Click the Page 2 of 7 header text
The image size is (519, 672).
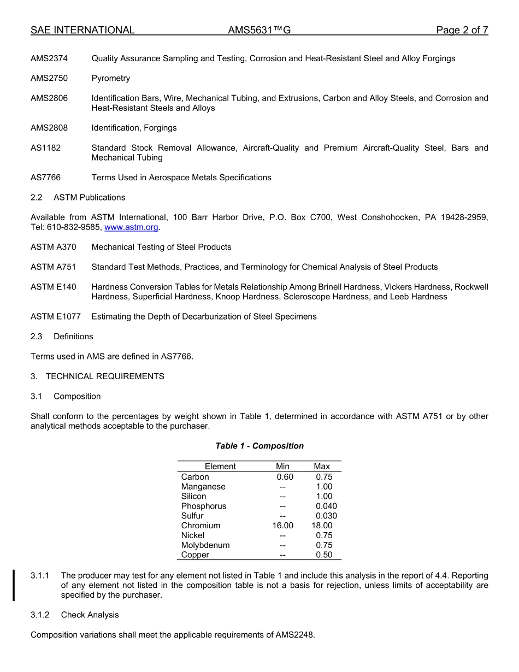(x=462, y=31)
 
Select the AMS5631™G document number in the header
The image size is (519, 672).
(x=259, y=31)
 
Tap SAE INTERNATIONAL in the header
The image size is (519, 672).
(x=82, y=31)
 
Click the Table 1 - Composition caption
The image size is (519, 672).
(x=259, y=446)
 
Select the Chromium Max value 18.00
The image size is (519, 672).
(x=322, y=526)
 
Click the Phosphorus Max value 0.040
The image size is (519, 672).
(x=326, y=506)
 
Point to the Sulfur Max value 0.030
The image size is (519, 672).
(x=326, y=516)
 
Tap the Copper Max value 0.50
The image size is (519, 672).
(x=324, y=555)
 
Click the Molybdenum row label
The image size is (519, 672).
(x=205, y=545)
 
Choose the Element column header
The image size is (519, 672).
(x=220, y=467)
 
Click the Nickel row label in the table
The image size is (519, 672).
(x=193, y=535)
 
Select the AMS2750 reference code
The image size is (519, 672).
(x=49, y=78)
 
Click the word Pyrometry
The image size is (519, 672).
(x=111, y=78)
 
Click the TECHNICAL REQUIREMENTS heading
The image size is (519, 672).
(x=105, y=376)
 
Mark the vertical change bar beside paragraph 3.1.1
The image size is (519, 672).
(x=14, y=585)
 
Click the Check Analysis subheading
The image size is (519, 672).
(x=90, y=615)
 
